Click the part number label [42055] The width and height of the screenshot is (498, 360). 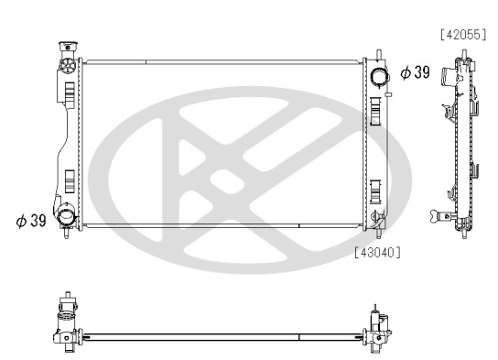point(462,36)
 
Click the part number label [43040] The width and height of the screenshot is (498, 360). point(376,250)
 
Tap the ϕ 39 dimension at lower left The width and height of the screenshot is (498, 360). point(31,220)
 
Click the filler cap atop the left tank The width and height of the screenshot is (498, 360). point(67,48)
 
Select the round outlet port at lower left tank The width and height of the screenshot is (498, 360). point(68,218)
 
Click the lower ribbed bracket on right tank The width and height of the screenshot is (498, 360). point(375,193)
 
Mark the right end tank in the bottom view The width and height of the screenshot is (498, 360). point(376,327)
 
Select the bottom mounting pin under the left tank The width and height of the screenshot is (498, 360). point(66,233)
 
